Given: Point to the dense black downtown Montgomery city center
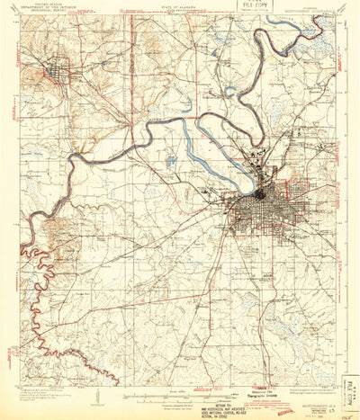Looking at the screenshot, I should [261, 192].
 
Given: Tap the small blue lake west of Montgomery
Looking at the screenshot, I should [168, 163].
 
